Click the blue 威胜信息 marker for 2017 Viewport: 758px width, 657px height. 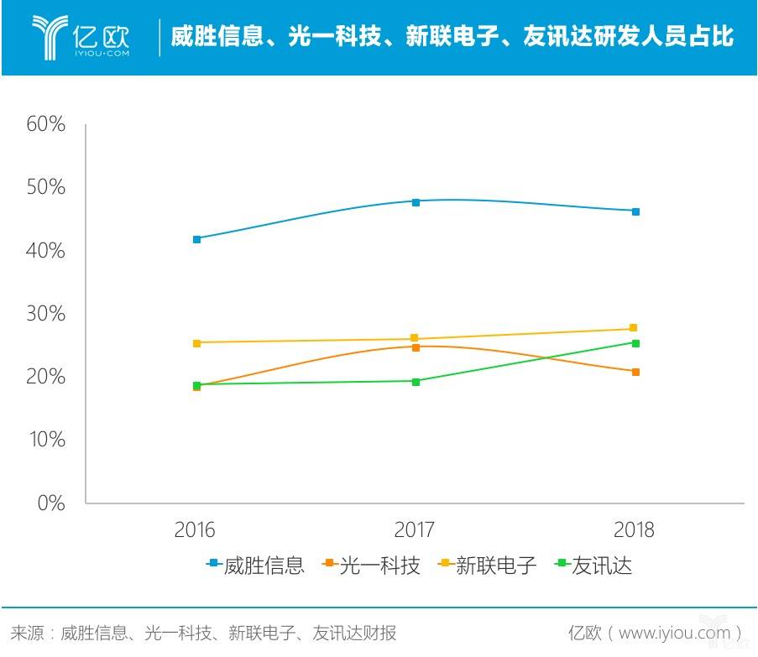416,201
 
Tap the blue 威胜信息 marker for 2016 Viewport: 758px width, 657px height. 196,239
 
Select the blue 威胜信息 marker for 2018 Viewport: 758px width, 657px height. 635,211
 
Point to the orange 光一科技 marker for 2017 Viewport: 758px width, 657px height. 416,347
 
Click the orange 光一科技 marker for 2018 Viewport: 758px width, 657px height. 635,372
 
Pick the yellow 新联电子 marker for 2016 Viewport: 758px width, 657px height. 196,343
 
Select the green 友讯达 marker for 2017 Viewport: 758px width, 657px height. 416,381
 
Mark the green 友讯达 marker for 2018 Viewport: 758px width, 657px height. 635,343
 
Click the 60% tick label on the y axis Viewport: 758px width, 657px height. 45,125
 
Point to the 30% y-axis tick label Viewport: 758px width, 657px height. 45,314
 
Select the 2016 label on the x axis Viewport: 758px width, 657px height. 195,530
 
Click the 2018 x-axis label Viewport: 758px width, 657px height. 634,530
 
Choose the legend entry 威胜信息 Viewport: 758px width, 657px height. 255,566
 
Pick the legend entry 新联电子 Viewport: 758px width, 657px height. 487,566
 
